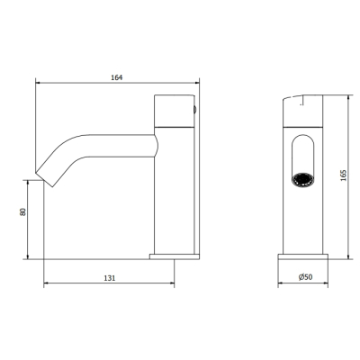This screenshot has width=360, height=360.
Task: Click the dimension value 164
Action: point(117,77)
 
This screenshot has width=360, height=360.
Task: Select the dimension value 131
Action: point(110,278)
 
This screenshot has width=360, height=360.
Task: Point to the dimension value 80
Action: point(22,211)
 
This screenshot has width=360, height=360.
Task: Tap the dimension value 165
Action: point(344,175)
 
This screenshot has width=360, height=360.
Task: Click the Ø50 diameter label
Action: point(305,277)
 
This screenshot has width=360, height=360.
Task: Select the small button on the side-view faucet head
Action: point(195,110)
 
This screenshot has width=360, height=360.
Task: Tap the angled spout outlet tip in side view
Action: point(44,180)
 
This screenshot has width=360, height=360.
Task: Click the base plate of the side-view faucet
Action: point(175,256)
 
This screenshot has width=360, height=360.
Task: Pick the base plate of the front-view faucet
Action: point(303,256)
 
